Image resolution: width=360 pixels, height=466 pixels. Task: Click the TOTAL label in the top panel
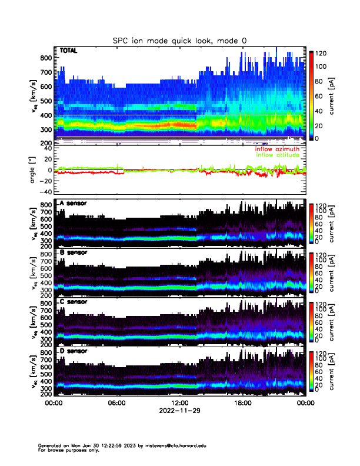[69, 51]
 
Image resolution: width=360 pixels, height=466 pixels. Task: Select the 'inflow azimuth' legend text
[276, 149]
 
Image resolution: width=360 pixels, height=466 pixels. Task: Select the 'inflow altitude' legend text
[277, 155]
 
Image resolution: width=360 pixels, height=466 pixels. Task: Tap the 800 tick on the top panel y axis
[46, 58]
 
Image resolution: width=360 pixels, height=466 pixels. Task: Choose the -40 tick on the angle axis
[44, 192]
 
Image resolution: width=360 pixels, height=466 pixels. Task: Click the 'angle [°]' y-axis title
[33, 170]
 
